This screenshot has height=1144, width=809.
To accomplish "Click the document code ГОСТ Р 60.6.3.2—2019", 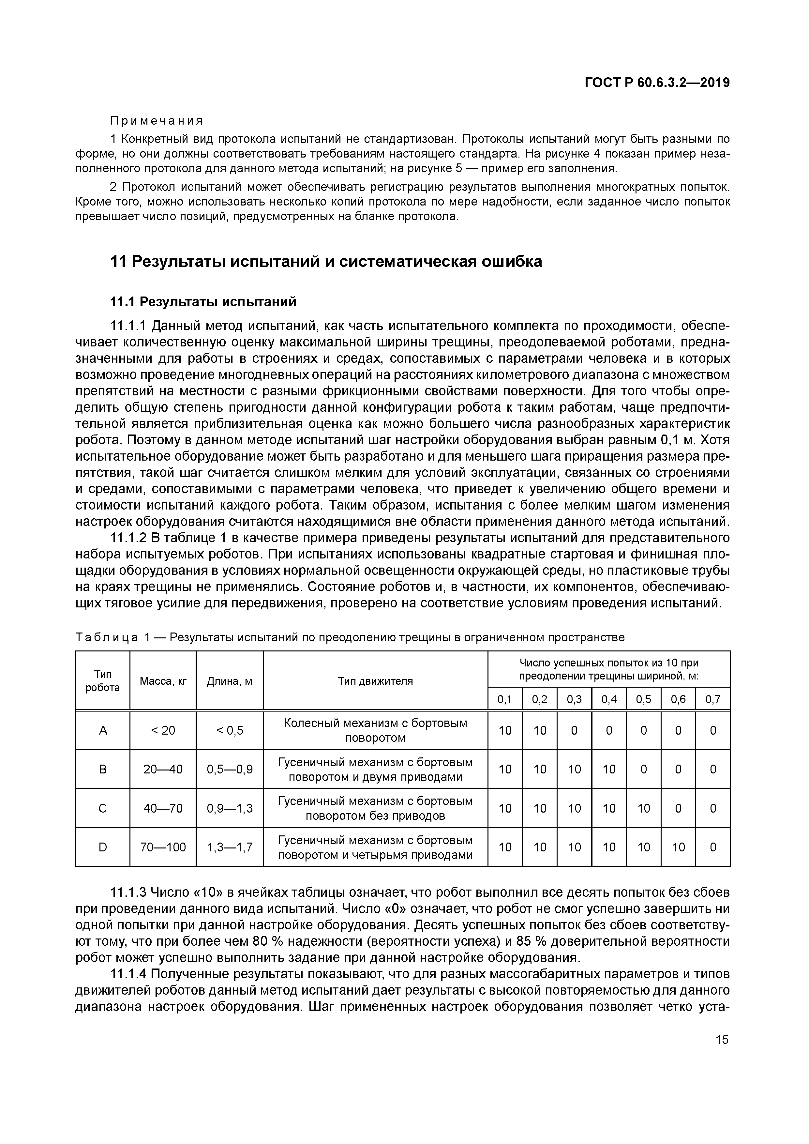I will [x=657, y=83].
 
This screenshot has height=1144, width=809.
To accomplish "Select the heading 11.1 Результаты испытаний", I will [x=203, y=302].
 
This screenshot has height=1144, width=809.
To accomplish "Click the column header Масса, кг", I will [x=163, y=680].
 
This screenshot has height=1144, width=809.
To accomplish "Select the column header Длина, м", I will [x=230, y=680].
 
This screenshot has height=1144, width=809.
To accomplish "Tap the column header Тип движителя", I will [x=375, y=680].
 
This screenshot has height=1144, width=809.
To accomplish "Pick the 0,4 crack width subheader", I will [x=609, y=700].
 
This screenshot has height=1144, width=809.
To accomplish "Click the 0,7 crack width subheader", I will [x=713, y=700].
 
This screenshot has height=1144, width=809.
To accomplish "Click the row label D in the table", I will [x=103, y=847].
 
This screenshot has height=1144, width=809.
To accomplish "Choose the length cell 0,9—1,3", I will [x=230, y=808].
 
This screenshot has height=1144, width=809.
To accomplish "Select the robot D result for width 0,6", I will [x=678, y=847].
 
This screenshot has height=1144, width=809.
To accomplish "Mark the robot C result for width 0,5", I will [x=644, y=808].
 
